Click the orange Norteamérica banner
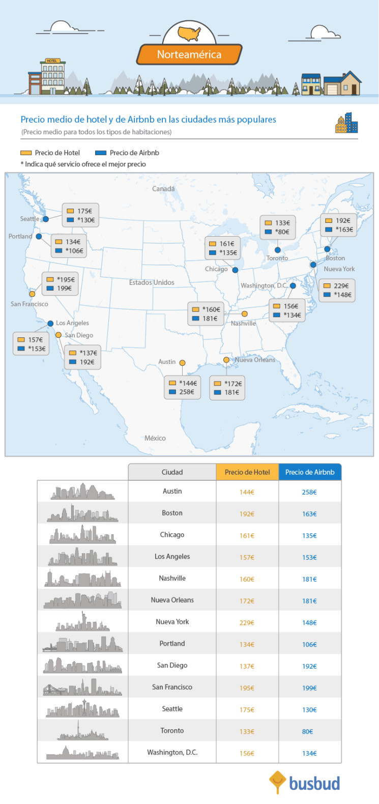(189, 54)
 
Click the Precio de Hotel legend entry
(50, 153)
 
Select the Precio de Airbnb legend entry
(127, 153)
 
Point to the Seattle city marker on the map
(46, 219)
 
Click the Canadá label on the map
(163, 189)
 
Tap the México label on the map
(155, 438)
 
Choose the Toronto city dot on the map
(277, 250)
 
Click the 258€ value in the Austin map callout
(187, 392)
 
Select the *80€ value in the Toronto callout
(282, 232)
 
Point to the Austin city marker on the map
(182, 363)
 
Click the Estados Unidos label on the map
(152, 282)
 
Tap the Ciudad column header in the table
(172, 472)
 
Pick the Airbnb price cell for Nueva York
(309, 622)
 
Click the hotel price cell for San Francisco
(247, 687)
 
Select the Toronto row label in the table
(172, 731)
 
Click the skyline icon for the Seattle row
(82, 709)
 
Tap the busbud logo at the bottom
(305, 783)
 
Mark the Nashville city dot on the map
(245, 314)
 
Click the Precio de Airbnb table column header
(310, 472)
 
